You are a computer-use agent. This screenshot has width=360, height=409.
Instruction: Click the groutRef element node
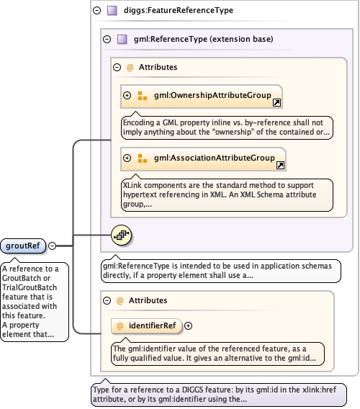click(23, 246)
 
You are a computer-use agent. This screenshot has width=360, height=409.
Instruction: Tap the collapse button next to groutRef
click(53, 246)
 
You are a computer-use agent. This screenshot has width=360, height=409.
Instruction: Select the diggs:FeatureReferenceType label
click(179, 10)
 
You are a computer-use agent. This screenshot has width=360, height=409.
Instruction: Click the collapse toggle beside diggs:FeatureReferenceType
click(97, 10)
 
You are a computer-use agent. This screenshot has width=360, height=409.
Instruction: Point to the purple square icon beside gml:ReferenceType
click(122, 40)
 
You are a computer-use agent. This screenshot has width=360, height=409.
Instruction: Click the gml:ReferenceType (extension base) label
click(204, 39)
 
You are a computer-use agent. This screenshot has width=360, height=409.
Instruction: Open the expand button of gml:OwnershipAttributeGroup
click(127, 96)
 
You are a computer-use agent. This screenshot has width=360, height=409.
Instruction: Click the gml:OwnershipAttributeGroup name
click(212, 95)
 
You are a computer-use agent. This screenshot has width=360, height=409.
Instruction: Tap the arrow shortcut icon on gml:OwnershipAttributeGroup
click(276, 102)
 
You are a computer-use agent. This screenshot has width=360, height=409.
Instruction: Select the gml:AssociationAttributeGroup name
click(215, 158)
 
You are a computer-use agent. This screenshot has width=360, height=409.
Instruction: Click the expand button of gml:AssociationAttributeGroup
click(127, 158)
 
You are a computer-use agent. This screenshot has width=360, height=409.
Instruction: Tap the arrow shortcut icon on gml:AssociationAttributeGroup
click(280, 165)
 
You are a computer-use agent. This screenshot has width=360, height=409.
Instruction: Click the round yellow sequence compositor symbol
click(121, 235)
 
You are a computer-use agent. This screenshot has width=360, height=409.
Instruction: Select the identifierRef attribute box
click(146, 325)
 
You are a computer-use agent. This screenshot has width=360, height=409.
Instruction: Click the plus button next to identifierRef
click(189, 325)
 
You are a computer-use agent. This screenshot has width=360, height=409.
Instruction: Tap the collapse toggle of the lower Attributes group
click(107, 301)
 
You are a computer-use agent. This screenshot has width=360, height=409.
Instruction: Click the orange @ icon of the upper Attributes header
click(130, 68)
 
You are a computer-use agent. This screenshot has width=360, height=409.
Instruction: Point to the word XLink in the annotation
click(132, 185)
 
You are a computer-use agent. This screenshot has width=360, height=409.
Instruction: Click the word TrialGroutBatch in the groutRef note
click(30, 287)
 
